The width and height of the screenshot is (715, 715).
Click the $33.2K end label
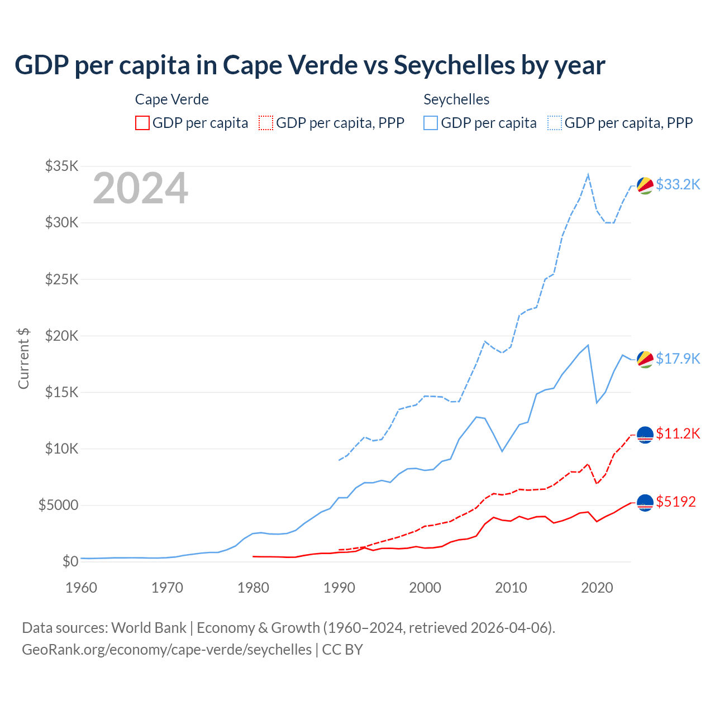pyautogui.click(x=678, y=184)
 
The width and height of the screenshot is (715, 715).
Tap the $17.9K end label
pyautogui.click(x=678, y=359)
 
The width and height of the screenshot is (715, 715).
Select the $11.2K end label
pyautogui.click(x=678, y=433)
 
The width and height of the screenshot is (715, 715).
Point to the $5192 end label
pyautogui.click(x=676, y=502)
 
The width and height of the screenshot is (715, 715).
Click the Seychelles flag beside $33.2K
pyautogui.click(x=645, y=185)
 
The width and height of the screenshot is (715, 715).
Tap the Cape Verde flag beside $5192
pyautogui.click(x=645, y=503)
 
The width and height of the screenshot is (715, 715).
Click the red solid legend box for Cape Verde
pyautogui.click(x=142, y=123)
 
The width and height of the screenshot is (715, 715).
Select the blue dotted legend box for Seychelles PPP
pyautogui.click(x=555, y=123)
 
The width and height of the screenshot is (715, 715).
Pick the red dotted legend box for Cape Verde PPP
pyautogui.click(x=266, y=123)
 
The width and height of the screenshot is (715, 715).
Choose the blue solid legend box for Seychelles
pyautogui.click(x=431, y=123)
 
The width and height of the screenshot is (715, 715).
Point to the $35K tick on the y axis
pyautogui.click(x=61, y=166)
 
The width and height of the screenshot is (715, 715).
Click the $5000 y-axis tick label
pyautogui.click(x=58, y=505)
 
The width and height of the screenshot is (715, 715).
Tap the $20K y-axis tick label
pyautogui.click(x=61, y=336)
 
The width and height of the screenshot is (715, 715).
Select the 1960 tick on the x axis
pyautogui.click(x=82, y=588)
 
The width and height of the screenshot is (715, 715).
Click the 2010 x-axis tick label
pyautogui.click(x=511, y=588)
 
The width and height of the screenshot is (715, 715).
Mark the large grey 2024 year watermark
pyautogui.click(x=140, y=189)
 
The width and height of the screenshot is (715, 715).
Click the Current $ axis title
pyautogui.click(x=23, y=359)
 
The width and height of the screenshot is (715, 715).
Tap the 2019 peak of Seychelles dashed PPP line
pyautogui.click(x=588, y=175)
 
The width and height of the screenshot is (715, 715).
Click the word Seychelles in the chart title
pyautogui.click(x=454, y=65)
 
